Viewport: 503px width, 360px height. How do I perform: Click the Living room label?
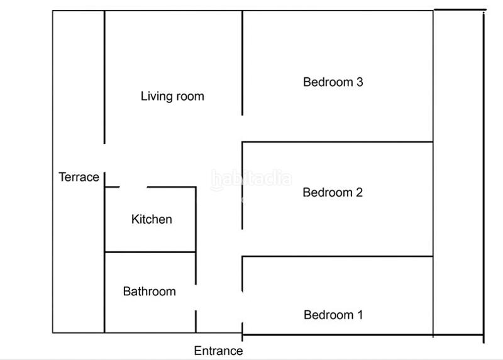pyautogui.click(x=172, y=96)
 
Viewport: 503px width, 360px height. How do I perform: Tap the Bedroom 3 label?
pyautogui.click(x=333, y=82)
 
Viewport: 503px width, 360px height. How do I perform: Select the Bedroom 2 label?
pyautogui.click(x=333, y=192)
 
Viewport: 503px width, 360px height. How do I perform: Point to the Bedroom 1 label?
pyautogui.click(x=333, y=315)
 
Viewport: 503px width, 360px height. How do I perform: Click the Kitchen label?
pyautogui.click(x=152, y=219)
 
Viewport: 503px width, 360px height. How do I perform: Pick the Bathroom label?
pyautogui.click(x=149, y=292)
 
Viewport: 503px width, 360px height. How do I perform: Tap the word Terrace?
pyautogui.click(x=79, y=177)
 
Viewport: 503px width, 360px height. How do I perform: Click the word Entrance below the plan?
pyautogui.click(x=218, y=351)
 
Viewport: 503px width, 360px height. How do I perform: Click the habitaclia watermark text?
pyautogui.click(x=251, y=179)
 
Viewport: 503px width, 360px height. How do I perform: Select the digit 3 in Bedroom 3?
pyautogui.click(x=360, y=82)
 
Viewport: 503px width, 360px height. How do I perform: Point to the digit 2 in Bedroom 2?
pyautogui.click(x=359, y=192)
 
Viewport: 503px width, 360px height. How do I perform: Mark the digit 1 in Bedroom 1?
pyautogui.click(x=360, y=315)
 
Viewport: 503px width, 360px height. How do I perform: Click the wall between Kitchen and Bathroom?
pyautogui.click(x=150, y=252)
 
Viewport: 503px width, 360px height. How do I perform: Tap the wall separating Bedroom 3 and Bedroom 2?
pyautogui.click(x=338, y=142)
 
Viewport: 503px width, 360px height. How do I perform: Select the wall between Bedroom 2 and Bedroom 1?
pyautogui.click(x=338, y=256)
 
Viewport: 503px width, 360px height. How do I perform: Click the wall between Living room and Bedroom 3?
pyautogui.click(x=243, y=63)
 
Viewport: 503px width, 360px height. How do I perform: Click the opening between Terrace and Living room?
pyautogui.click(x=104, y=157)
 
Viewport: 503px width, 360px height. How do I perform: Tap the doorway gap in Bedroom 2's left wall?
pyautogui.click(x=243, y=243)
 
